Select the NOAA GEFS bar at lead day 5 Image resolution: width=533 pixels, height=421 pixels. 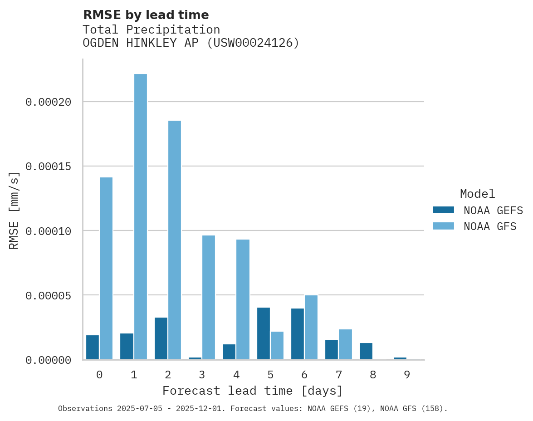click(x=264, y=334)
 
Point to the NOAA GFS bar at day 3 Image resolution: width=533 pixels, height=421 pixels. click(x=209, y=298)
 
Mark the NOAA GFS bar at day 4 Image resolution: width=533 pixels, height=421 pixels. click(x=243, y=299)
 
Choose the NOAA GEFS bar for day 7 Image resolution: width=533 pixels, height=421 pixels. click(x=332, y=350)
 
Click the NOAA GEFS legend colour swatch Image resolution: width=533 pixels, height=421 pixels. click(x=443, y=210)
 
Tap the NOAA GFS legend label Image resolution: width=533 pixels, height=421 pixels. click(x=490, y=226)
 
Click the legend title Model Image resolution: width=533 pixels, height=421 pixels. click(x=477, y=194)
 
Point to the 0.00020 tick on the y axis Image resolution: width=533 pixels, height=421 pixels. click(x=49, y=102)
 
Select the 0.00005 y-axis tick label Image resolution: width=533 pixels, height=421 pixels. click(x=49, y=296)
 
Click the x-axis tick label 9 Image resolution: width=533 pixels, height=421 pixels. click(x=407, y=375)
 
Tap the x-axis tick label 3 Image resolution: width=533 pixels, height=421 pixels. click(x=202, y=375)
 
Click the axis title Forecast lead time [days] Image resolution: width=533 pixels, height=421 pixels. click(x=253, y=391)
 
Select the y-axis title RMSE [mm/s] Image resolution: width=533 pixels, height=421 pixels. click(x=14, y=210)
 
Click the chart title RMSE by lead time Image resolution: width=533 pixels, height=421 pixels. click(x=146, y=15)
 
